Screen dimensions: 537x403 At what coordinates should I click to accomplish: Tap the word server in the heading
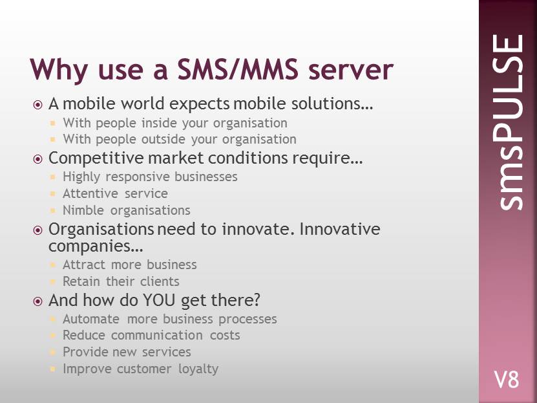(x=351, y=71)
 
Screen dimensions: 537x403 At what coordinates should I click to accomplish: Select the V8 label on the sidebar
(x=507, y=379)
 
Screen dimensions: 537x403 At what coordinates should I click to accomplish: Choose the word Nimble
(x=83, y=210)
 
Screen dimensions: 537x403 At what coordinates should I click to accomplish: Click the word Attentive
(x=90, y=193)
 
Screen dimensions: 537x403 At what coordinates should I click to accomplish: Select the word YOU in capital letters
(x=159, y=300)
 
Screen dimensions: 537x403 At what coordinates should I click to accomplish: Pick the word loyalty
(x=198, y=369)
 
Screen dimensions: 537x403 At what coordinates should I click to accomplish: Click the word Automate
(x=91, y=319)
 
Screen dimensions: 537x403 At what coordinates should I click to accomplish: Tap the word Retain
(x=81, y=281)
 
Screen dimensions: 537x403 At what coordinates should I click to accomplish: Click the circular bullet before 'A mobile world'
(x=37, y=105)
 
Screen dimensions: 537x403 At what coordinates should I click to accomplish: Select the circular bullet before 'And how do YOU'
(x=37, y=301)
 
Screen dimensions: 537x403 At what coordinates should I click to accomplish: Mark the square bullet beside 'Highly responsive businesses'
(x=52, y=177)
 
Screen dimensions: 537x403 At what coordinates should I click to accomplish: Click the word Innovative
(x=340, y=229)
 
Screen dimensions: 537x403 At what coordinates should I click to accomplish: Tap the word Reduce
(x=84, y=335)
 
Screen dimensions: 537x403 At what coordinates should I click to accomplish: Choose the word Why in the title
(x=59, y=71)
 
